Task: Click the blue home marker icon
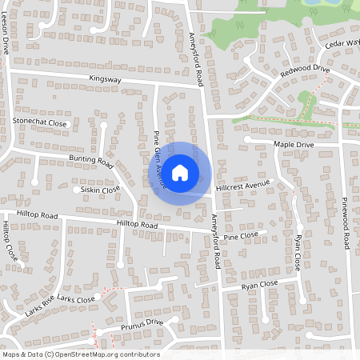(x=180, y=173)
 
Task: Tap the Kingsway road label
(x=106, y=79)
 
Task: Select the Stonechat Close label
(x=40, y=122)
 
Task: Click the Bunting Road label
(x=91, y=161)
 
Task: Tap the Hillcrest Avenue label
(x=244, y=184)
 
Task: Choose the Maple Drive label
(x=294, y=144)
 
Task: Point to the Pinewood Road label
(x=346, y=223)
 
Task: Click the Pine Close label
(x=241, y=236)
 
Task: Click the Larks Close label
(x=76, y=299)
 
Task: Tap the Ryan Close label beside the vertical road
(x=298, y=252)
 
